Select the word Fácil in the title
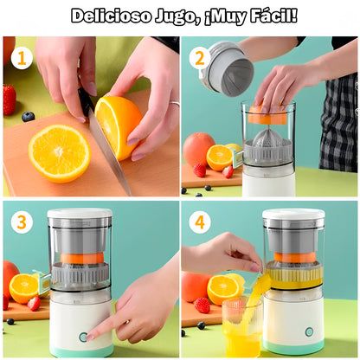[267, 16]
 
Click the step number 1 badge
[21, 59]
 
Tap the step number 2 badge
[198, 59]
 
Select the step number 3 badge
[21, 222]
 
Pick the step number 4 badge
[198, 222]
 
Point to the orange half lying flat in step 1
[59, 152]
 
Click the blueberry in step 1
[29, 116]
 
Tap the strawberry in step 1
[10, 99]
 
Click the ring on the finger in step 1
[174, 104]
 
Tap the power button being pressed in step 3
[84, 337]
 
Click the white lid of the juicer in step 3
[80, 214]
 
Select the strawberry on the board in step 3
[34, 303]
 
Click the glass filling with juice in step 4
[241, 328]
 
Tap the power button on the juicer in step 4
[309, 331]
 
